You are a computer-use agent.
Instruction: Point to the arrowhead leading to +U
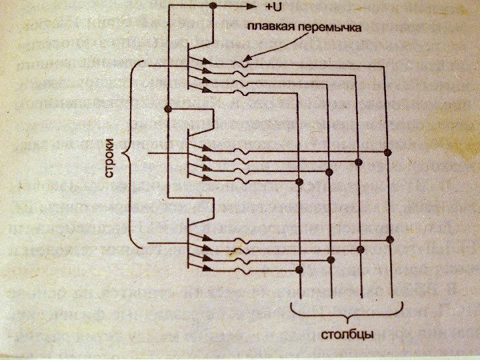coord(253,7)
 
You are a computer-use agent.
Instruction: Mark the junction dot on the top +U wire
coord(213,7)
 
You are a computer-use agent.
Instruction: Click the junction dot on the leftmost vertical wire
coord(168,109)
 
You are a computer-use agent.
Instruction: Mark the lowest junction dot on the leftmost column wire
coord(299,269)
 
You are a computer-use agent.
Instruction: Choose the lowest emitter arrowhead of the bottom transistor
coord(209,269)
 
